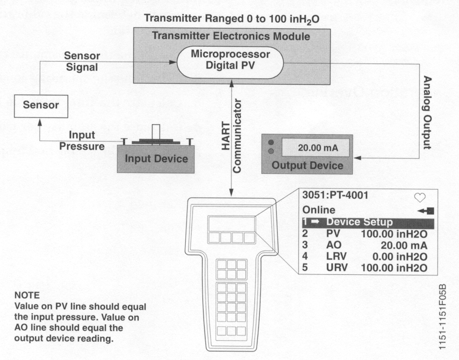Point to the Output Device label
click(308, 166)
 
